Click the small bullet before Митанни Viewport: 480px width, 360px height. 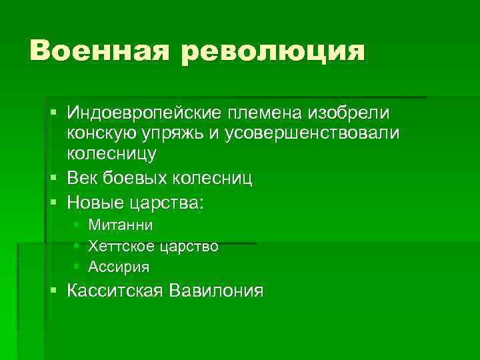[77, 226]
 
